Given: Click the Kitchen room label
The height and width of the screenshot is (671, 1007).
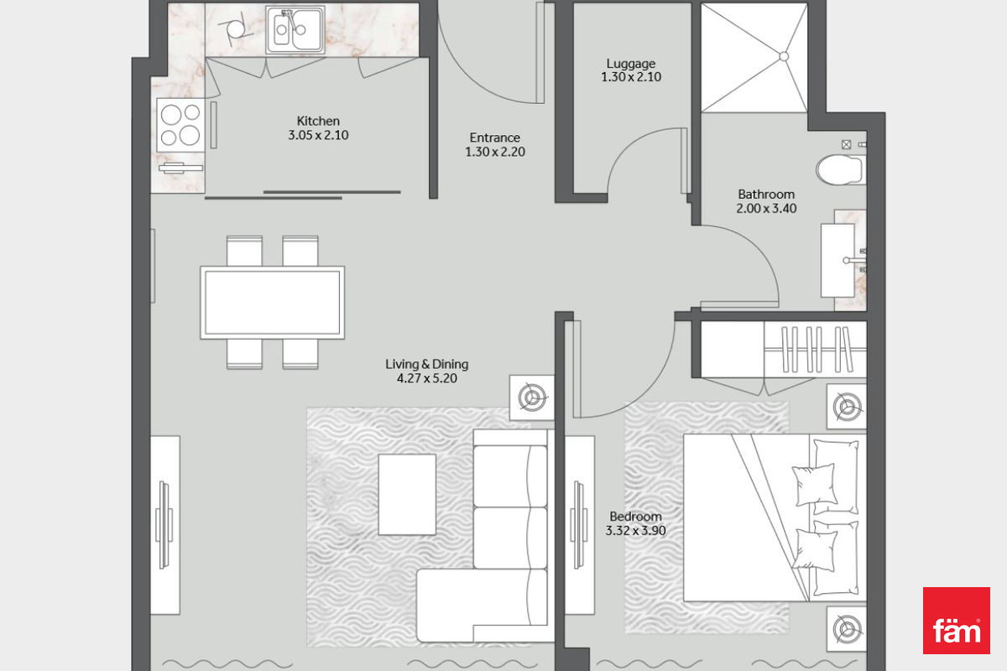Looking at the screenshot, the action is point(318,121).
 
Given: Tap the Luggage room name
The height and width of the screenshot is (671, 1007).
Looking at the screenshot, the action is point(631,64).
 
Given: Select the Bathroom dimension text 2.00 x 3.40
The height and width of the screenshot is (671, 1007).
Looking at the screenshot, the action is point(766,209).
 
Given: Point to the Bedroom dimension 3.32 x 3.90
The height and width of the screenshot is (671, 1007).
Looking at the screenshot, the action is point(635,531).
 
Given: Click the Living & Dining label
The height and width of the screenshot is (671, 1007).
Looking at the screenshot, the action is point(426,364).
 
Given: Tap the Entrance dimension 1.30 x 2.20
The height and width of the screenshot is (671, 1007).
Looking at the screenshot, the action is point(495,152).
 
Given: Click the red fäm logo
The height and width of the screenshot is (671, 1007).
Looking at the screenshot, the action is point(956,620).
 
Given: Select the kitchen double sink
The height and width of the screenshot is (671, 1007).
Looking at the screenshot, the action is point(295,29).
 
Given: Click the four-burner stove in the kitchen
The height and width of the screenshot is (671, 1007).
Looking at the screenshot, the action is point(180,124).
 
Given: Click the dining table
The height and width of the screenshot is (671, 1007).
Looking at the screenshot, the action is point(273,303).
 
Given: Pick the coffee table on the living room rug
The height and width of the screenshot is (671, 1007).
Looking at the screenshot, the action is point(407,494).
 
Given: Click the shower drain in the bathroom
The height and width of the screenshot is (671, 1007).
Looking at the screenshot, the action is point(784,57).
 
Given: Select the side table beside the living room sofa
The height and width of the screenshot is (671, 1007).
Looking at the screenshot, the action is point(532,398).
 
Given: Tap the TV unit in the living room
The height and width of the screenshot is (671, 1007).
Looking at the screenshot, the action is point(165,525).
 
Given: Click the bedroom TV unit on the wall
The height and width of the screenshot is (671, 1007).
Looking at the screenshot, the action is point(580,525).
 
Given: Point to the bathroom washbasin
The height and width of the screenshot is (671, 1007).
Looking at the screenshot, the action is point(838,261).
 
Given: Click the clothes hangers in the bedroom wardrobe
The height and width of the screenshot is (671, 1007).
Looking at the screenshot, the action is point(817,350).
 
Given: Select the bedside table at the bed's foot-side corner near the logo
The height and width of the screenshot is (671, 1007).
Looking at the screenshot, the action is point(847,629).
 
